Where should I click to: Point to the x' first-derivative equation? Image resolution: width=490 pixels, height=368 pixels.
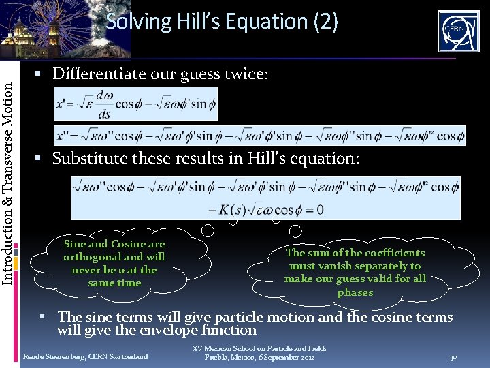135,104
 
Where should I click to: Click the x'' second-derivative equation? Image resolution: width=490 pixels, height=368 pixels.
259,135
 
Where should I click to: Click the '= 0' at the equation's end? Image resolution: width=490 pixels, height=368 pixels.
314,209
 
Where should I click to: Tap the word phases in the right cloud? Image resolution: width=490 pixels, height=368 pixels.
355,292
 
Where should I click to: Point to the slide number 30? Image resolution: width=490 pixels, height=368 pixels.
453,357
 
